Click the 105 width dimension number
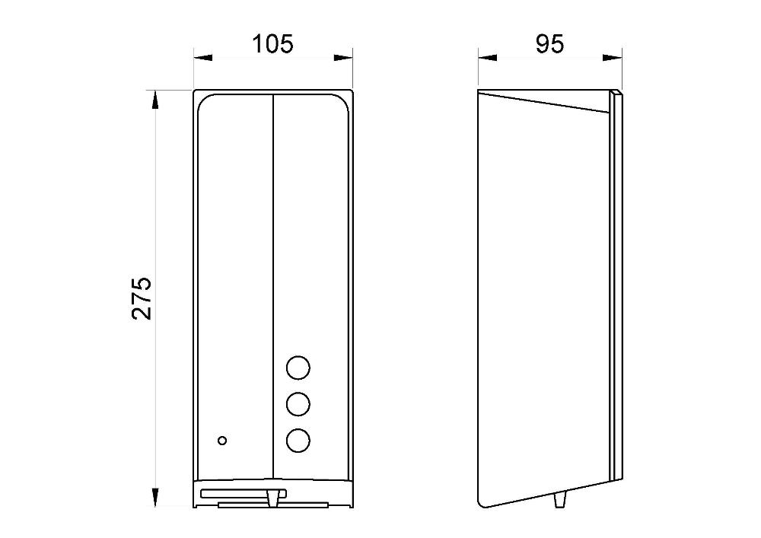(272, 44)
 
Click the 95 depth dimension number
(550, 44)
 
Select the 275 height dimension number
(142, 298)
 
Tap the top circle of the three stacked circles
(298, 368)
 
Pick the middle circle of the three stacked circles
(298, 404)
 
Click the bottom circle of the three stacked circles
(298, 441)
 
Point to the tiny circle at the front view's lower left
(222, 441)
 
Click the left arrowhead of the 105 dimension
(203, 58)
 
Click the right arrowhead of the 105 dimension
(343, 58)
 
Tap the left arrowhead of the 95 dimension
(487, 58)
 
